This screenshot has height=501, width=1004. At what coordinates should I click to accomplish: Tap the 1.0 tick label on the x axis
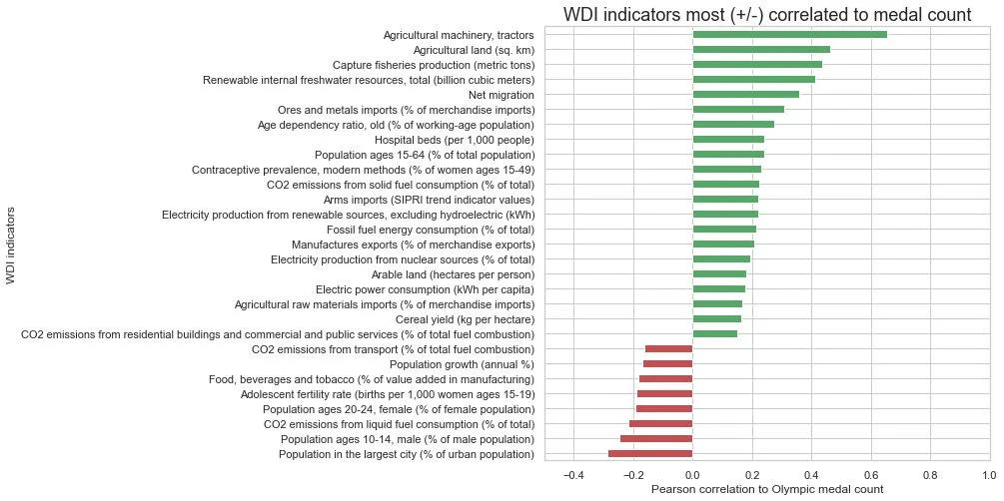[x=989, y=475]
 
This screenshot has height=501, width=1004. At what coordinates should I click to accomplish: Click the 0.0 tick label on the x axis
[x=692, y=475]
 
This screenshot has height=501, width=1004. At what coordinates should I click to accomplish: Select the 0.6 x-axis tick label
[x=870, y=475]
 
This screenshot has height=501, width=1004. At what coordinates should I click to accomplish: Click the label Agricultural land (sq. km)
[x=474, y=50]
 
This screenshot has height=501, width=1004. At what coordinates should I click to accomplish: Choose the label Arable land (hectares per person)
[x=453, y=274]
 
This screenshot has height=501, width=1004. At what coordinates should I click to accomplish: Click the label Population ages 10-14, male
[x=408, y=439]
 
